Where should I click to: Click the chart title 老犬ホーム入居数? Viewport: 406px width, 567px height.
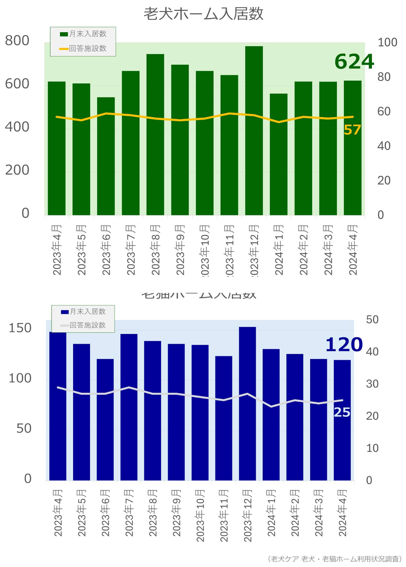click(203, 14)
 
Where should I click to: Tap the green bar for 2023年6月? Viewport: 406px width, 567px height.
click(106, 156)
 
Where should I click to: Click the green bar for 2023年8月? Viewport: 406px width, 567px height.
click(155, 134)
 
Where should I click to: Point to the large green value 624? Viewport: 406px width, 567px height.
click(354, 62)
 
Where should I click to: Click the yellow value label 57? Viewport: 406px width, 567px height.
click(352, 130)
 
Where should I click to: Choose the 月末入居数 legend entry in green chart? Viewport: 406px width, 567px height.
click(83, 34)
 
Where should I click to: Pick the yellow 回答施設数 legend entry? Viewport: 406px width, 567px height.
click(83, 48)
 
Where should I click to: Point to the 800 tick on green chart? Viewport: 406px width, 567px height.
click(17, 41)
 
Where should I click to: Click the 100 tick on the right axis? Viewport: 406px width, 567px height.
click(387, 42)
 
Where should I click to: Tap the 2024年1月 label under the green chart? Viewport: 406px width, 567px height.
click(279, 250)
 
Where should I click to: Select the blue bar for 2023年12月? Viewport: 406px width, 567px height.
click(247, 403)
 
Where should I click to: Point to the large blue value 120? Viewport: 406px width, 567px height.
click(344, 345)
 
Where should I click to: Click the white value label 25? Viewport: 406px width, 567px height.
click(342, 412)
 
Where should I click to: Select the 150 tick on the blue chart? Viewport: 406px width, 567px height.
click(20, 328)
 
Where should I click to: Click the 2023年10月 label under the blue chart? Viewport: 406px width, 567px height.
click(200, 515)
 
